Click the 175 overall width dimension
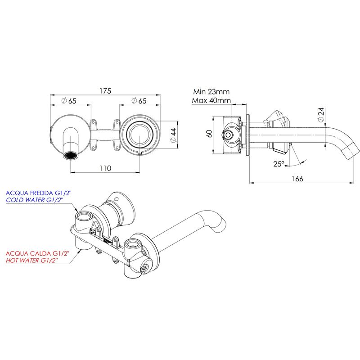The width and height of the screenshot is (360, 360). click(105, 91)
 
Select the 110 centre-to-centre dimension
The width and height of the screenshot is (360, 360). click(105, 168)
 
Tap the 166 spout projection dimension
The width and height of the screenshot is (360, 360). click(297, 179)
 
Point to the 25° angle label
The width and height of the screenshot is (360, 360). click(279, 164)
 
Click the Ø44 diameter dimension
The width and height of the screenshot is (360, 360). click(174, 135)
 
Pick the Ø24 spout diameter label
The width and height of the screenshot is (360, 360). click(320, 115)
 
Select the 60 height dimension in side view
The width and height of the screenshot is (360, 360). click(209, 134)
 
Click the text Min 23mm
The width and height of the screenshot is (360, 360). click(211, 92)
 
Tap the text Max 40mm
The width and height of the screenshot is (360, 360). click(211, 100)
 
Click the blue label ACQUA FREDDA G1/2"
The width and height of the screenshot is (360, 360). click(39, 193)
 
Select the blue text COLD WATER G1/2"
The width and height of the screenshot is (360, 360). click(35, 200)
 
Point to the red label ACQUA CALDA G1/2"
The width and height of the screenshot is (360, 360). click(37, 253)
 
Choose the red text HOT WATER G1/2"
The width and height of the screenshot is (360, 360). click(31, 261)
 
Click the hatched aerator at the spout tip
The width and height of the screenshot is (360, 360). click(71, 156)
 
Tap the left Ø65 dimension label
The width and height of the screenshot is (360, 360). click(69, 101)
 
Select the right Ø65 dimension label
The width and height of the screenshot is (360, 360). click(139, 101)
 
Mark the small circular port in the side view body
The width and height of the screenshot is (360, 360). click(228, 135)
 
